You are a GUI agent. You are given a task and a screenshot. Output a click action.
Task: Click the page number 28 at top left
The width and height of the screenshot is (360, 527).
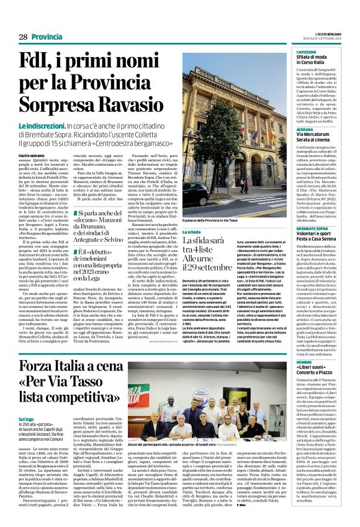(x=23, y=37)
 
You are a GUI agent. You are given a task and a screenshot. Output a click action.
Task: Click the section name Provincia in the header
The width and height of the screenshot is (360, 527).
(x=47, y=37)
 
